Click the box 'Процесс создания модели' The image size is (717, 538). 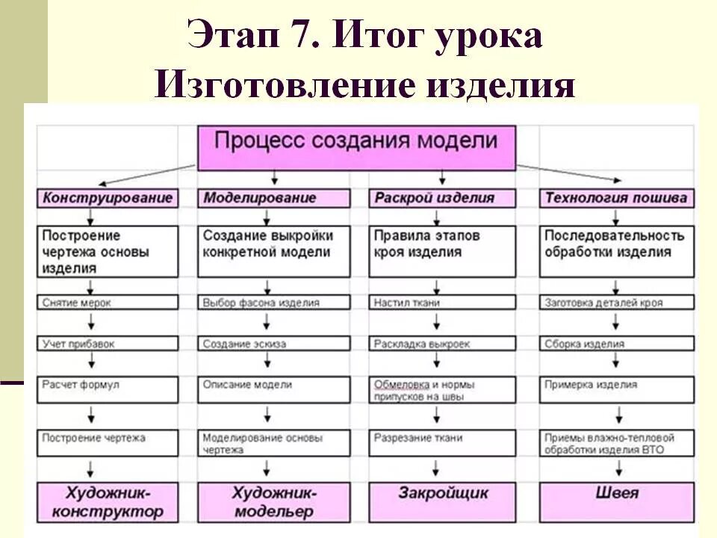click(x=356, y=146)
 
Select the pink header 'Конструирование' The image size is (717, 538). click(x=108, y=198)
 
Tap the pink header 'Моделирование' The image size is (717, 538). click(x=274, y=198)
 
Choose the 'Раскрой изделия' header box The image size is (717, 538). click(x=442, y=198)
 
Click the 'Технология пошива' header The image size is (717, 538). click(x=617, y=198)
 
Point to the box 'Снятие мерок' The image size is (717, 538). click(x=108, y=303)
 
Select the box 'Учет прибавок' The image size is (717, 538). click(x=108, y=344)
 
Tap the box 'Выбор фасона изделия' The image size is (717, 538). click(x=274, y=303)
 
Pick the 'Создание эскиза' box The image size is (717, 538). click(x=274, y=344)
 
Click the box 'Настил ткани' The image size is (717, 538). click(x=442, y=303)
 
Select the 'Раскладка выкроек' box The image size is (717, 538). click(x=442, y=344)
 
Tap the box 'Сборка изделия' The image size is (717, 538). click(x=617, y=344)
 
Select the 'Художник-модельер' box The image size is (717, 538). click(x=274, y=501)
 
